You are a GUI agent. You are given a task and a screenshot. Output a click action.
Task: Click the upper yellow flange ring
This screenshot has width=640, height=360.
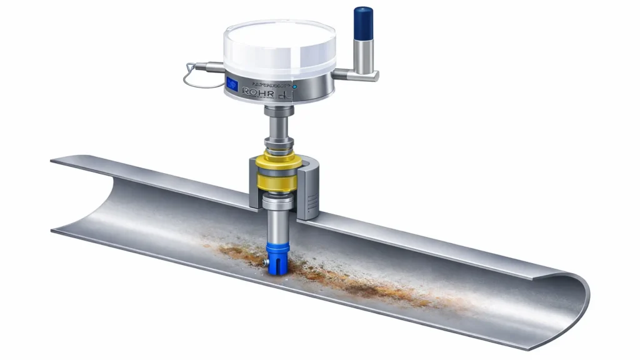(279, 157)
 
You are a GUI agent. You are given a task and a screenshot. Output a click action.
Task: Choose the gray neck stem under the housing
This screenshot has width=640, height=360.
(279, 125)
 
